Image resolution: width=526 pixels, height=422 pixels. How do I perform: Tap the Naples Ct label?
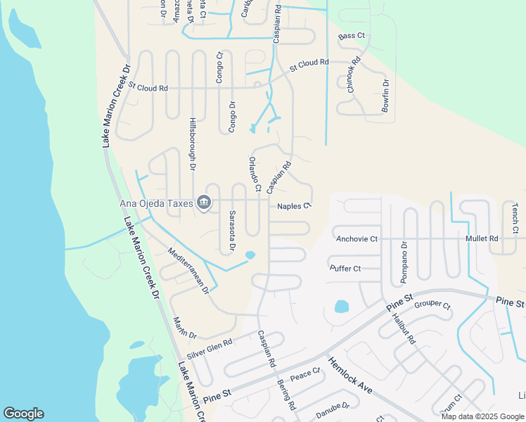294,206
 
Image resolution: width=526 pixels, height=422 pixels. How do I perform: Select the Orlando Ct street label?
254,174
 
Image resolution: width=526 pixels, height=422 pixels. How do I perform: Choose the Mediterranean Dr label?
188,270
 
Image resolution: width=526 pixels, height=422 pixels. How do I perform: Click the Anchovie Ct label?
357,239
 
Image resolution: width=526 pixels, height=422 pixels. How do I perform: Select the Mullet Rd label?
482,239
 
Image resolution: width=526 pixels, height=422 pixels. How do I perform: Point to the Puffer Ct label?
345,268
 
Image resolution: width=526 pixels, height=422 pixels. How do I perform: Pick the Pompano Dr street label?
404,262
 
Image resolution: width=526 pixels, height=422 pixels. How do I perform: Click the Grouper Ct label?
432,305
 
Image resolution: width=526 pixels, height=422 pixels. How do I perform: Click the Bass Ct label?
352,36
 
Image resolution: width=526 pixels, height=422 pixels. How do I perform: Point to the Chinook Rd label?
353,73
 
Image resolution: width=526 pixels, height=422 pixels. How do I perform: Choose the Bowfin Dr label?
385,96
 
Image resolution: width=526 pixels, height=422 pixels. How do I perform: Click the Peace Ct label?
305,374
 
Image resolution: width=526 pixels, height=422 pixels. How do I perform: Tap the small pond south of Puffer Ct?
341,307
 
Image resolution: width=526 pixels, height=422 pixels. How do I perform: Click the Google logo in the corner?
23,414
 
